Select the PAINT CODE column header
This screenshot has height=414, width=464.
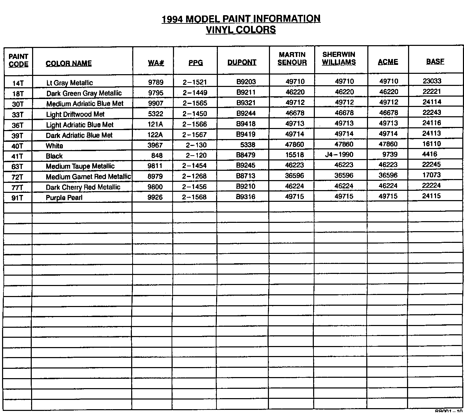coord(18,60)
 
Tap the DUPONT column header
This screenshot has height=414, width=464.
coord(242,62)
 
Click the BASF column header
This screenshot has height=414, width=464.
coord(435,61)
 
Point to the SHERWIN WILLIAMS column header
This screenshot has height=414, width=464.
coord(339,58)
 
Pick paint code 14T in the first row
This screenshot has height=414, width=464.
coord(18,83)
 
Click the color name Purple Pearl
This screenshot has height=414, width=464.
coord(64,198)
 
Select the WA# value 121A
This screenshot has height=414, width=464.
coord(155,125)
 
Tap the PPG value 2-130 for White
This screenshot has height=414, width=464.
coord(196,145)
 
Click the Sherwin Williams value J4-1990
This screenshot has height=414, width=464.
coord(339,155)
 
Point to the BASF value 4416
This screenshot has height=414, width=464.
coord(429,154)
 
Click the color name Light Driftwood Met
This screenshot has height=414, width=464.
coord(75,114)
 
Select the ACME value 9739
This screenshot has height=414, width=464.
coord(390,155)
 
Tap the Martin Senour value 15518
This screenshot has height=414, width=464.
coord(294,155)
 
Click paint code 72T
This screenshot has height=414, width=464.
coord(17,177)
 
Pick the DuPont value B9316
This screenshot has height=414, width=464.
coord(246,197)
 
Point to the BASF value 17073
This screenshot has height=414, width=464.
coord(432,175)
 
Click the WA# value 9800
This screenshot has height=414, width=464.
coord(155,187)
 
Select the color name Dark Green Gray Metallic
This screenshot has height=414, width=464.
coord(84,93)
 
